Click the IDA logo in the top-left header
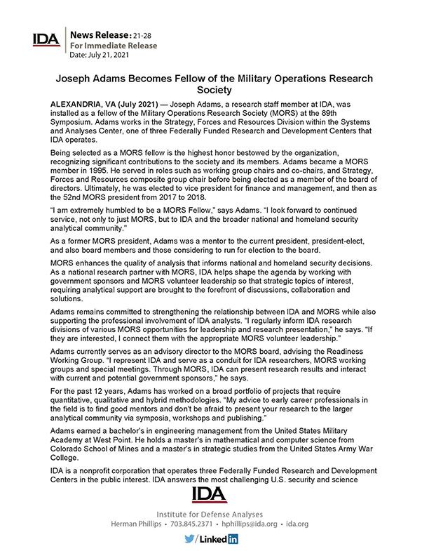tap(46, 39)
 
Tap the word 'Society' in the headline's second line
tap(214, 91)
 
